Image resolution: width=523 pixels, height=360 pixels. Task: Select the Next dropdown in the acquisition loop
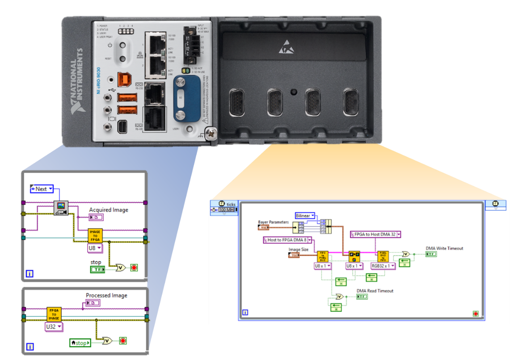(41, 189)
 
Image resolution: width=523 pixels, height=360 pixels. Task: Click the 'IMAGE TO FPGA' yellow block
(95, 236)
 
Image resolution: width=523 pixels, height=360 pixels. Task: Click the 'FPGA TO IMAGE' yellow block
(54, 314)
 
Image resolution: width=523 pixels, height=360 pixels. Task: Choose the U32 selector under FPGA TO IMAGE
(54, 327)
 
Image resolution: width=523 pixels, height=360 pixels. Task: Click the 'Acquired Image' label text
(108, 210)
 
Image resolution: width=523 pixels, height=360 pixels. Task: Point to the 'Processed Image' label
(106, 295)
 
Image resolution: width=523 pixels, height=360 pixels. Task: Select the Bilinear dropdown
(305, 215)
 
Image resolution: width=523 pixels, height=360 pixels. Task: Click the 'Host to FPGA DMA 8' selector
(287, 240)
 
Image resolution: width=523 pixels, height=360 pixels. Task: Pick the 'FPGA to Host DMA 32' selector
(375, 234)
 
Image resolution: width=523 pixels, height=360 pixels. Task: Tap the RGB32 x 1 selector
(383, 266)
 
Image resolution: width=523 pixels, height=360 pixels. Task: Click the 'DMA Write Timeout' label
(444, 248)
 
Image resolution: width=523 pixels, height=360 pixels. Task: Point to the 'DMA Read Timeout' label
(375, 291)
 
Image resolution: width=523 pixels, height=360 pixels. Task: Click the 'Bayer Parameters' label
(273, 222)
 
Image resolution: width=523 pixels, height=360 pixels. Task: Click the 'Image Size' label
(298, 249)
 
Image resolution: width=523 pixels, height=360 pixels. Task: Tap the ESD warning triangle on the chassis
(284, 46)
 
